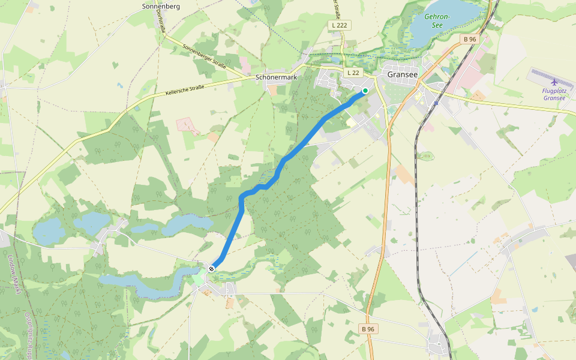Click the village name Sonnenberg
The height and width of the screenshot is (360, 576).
[161, 7]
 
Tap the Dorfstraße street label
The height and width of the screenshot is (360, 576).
[160, 20]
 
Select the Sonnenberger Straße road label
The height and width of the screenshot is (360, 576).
[204, 56]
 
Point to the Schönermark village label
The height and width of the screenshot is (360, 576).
[277, 77]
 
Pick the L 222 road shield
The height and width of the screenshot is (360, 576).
[340, 25]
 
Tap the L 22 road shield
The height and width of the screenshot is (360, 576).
[353, 73]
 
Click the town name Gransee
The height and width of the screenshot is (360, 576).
[403, 74]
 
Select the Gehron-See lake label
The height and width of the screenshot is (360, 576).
[437, 21]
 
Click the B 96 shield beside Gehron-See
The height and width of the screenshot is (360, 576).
[469, 40]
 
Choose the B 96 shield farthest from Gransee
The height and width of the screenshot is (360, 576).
[368, 329]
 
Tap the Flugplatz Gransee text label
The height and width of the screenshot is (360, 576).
[553, 94]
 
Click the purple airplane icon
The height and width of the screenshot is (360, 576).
[553, 82]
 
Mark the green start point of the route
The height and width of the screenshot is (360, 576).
[365, 91]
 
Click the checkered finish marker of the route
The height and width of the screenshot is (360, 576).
[211, 269]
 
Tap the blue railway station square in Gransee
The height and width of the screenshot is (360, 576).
[436, 103]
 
